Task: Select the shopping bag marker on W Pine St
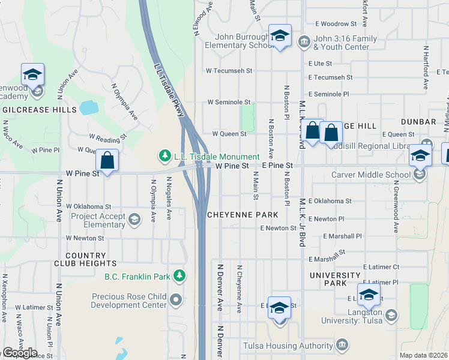point(107,161)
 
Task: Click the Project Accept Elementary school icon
point(134,220)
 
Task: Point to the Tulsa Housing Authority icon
point(342,345)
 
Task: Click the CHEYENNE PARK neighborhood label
point(243,214)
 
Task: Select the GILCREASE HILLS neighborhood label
point(40,110)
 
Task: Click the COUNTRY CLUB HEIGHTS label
point(90,259)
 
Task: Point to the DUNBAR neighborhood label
point(420,122)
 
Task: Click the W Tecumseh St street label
point(229,71)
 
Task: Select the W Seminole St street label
point(228,103)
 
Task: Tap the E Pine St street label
point(277,165)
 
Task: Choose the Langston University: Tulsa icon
point(391,316)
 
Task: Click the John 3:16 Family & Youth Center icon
point(304,42)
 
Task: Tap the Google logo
point(19,353)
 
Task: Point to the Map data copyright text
point(424,355)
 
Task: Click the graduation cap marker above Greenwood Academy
point(32,75)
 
